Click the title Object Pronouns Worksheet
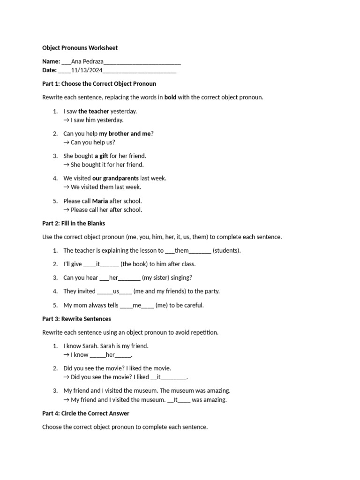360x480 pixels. (x=80, y=48)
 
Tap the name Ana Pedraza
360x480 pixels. (x=87, y=61)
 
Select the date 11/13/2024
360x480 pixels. (x=87, y=70)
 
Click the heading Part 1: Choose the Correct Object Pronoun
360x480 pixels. (x=99, y=83)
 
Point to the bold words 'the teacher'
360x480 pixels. (x=93, y=111)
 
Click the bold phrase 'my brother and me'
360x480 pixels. (x=125, y=134)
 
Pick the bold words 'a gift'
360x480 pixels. (x=101, y=156)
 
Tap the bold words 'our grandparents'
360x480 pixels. (x=115, y=178)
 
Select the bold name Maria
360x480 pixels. (x=100, y=201)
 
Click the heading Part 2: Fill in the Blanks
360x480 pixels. (x=74, y=223)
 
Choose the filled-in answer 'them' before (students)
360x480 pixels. (x=181, y=250)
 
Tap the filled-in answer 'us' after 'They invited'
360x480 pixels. (x=116, y=291)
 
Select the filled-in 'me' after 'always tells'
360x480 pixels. (x=137, y=305)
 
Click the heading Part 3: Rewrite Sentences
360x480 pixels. (x=76, y=319)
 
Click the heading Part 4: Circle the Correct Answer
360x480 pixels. (x=86, y=413)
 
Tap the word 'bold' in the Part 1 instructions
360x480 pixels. (x=170, y=97)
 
